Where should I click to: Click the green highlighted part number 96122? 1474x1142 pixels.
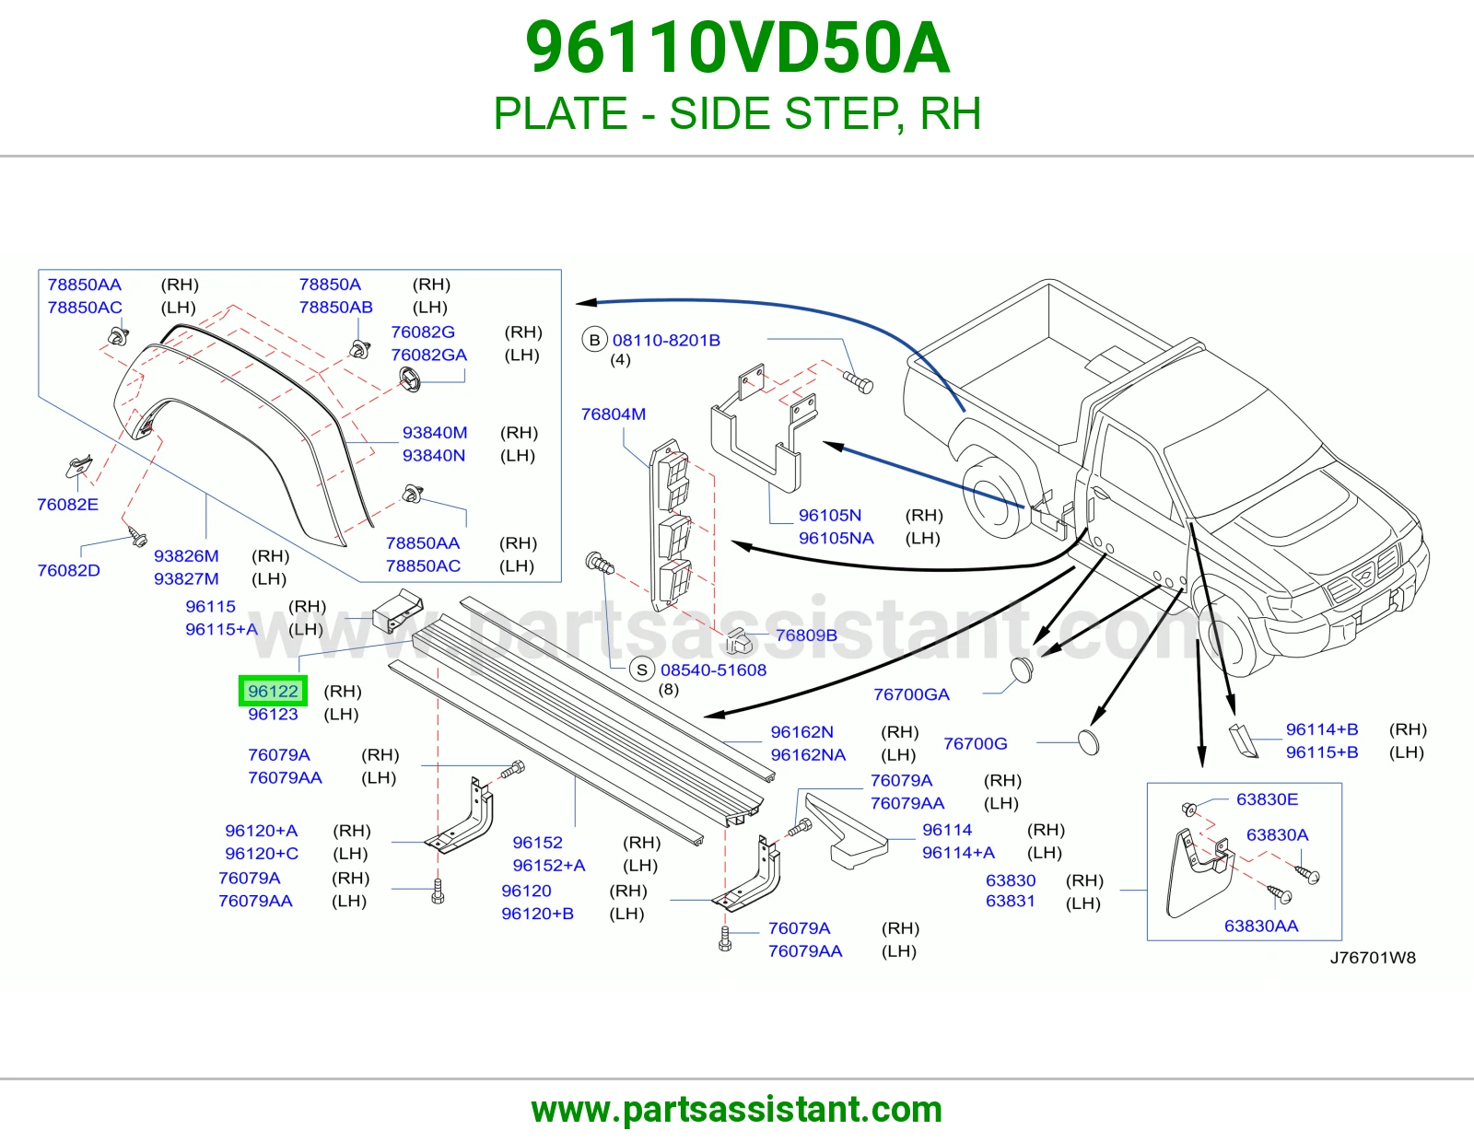[273, 691]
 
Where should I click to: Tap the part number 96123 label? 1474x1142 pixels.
[273, 714]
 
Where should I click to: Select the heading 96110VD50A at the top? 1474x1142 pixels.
[737, 48]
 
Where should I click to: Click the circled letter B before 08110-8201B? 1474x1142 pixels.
[595, 340]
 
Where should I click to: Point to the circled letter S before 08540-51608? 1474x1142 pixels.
[642, 670]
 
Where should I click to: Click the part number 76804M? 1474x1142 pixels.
[614, 414]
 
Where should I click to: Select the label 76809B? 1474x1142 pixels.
[806, 635]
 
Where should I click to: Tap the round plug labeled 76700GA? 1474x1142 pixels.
[1022, 670]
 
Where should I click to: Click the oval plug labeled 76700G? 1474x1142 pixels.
[1089, 742]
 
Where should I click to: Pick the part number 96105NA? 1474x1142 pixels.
[836, 538]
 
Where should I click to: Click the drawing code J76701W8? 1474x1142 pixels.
[1373, 958]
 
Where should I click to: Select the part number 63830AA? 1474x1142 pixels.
[1261, 926]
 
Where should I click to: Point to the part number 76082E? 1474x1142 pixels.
[67, 504]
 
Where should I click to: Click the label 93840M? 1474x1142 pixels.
[435, 432]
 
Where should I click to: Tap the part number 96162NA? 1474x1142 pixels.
[808, 755]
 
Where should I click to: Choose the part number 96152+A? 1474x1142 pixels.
[549, 866]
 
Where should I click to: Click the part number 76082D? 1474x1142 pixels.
[68, 570]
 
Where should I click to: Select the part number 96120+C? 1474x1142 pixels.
[262, 853]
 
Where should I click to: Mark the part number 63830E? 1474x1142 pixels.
[1267, 798]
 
